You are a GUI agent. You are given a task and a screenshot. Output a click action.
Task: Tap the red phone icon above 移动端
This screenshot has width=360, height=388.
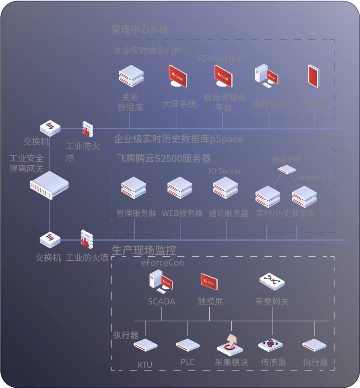pyautogui.click(x=314, y=76)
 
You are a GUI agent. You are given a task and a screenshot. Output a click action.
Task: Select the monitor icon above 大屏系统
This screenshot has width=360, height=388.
pyautogui.click(x=177, y=76)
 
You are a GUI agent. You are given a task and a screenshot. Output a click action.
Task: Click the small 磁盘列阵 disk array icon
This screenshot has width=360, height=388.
pyautogui.click(x=287, y=170)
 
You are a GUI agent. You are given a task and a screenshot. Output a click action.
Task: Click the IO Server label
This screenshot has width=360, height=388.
pyautogui.click(x=225, y=171)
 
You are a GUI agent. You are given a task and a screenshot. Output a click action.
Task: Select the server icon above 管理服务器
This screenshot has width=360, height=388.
pyautogui.click(x=134, y=188)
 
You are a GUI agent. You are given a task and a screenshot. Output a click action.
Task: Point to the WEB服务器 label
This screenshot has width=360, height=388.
pyautogui.click(x=182, y=213)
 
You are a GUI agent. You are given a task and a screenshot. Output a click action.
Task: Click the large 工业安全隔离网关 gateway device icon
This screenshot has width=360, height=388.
pyautogui.click(x=50, y=185)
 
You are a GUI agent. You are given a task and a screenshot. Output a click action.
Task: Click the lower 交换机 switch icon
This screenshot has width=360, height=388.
pyautogui.click(x=50, y=240)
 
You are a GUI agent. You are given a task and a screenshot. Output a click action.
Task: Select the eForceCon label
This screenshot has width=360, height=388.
pyautogui.click(x=163, y=263)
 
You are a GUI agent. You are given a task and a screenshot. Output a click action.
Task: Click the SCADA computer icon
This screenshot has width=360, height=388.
pyautogui.click(x=161, y=280)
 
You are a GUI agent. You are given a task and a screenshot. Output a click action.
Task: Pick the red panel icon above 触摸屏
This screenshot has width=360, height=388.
pyautogui.click(x=210, y=282)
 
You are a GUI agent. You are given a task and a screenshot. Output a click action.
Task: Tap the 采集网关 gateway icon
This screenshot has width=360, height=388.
pyautogui.click(x=272, y=281)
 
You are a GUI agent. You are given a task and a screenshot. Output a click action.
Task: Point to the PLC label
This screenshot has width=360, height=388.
pyautogui.click(x=187, y=362)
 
